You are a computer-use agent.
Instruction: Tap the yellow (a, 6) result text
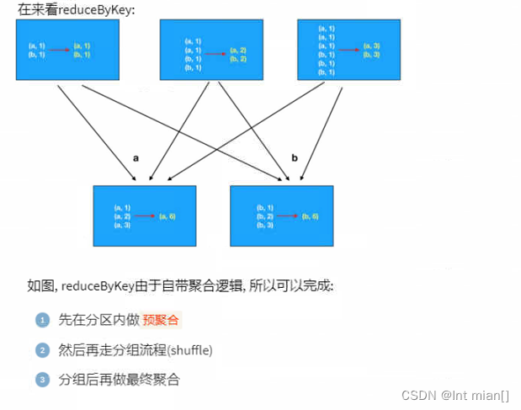pos(167,216)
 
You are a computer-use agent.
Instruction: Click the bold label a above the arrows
pos(136,157)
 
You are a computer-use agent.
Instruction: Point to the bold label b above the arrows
pos(294,157)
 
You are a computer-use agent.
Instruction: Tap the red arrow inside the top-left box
pos(58,50)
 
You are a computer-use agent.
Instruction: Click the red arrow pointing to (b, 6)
pos(287,216)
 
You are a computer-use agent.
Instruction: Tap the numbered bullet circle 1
pos(42,320)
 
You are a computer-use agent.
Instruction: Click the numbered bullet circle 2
pos(42,350)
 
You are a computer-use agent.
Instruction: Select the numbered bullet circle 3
pos(42,380)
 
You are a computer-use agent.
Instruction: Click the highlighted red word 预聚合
pos(161,320)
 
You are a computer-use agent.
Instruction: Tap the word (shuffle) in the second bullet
pos(190,350)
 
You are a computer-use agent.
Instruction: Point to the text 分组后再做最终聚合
pos(119,380)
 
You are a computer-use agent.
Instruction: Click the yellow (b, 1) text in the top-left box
pos(82,54)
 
